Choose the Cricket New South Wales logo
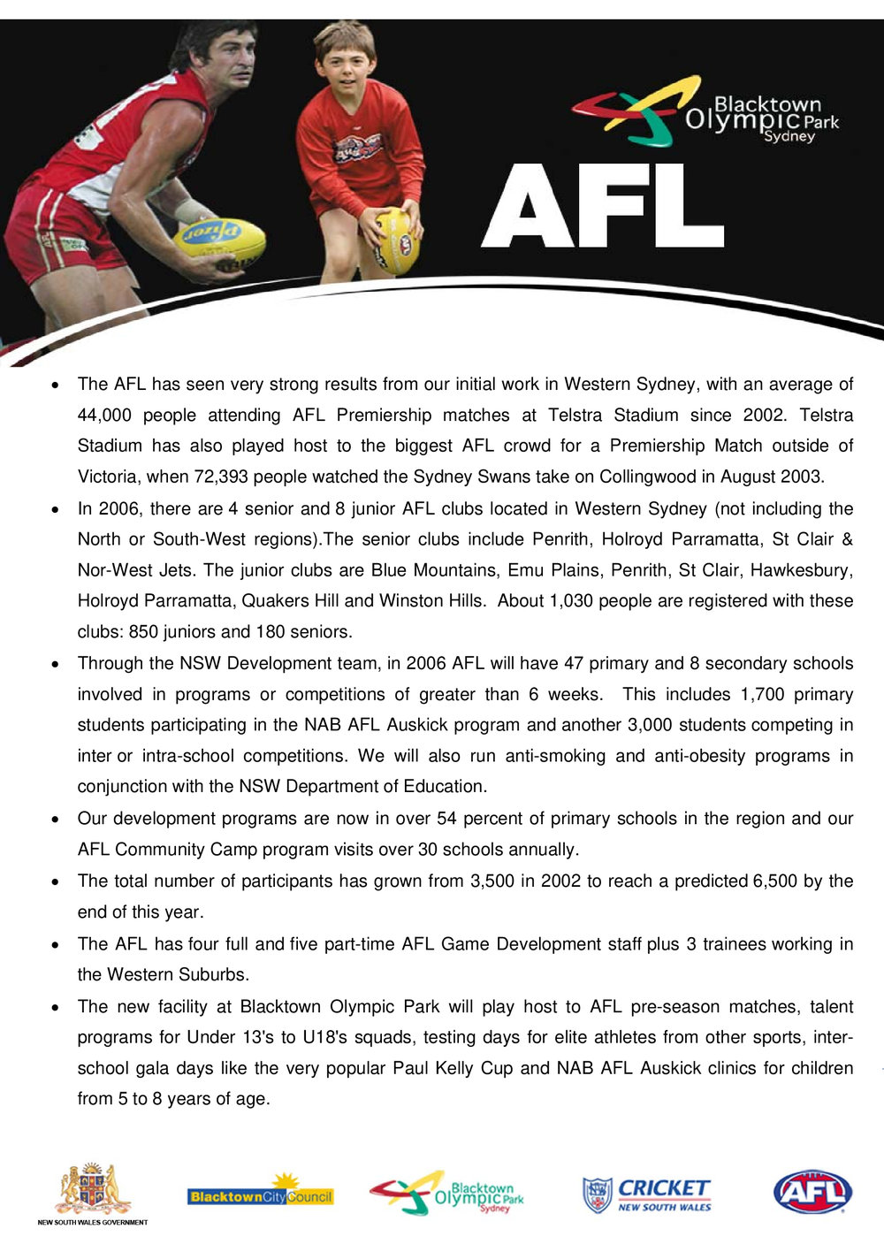click(646, 1194)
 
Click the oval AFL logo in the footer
click(812, 1192)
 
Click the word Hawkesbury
click(801, 570)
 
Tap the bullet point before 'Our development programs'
click(55, 820)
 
